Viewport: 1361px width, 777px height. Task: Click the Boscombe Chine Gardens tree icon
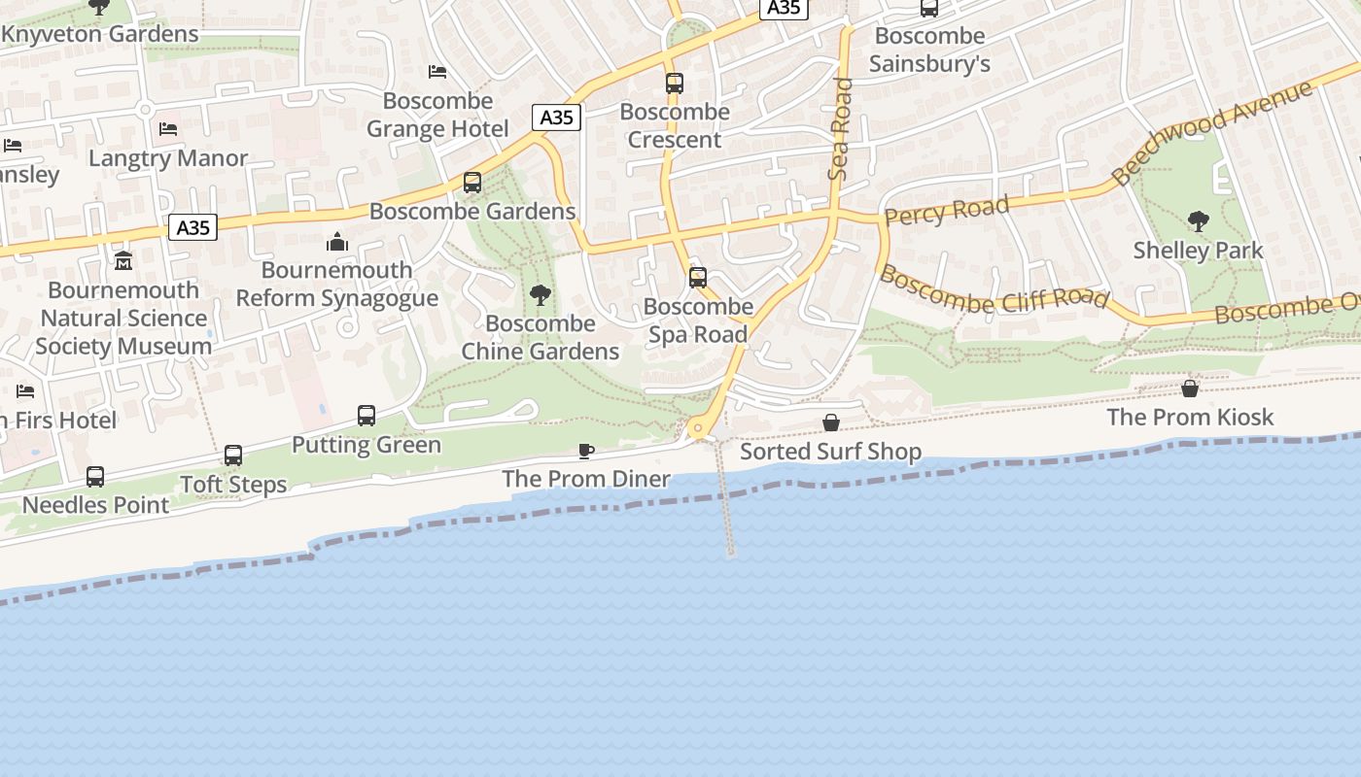[541, 294]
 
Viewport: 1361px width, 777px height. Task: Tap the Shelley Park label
[1198, 250]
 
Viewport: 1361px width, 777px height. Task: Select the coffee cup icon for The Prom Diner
[585, 451]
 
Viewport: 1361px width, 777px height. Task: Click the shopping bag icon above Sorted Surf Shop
[831, 422]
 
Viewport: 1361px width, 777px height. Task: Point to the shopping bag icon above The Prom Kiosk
[1190, 388]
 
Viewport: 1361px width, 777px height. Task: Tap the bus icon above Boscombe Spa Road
[698, 278]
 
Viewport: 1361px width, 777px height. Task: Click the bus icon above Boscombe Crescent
[675, 84]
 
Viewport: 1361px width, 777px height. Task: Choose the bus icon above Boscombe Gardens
[472, 183]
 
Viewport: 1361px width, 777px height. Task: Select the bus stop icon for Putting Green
[366, 416]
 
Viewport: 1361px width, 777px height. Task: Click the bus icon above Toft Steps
[233, 456]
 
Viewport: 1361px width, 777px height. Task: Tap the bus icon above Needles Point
[95, 477]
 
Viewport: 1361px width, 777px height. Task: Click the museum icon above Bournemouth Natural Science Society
[123, 261]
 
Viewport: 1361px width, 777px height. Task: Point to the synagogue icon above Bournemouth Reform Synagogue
[337, 241]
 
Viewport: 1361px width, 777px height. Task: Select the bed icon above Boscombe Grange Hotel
[437, 72]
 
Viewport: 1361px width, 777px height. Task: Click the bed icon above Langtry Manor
[168, 129]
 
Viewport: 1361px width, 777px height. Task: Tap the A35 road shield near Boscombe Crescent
[556, 118]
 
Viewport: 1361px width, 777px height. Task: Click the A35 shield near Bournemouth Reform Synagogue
[192, 227]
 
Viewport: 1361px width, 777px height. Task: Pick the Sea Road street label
[839, 129]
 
